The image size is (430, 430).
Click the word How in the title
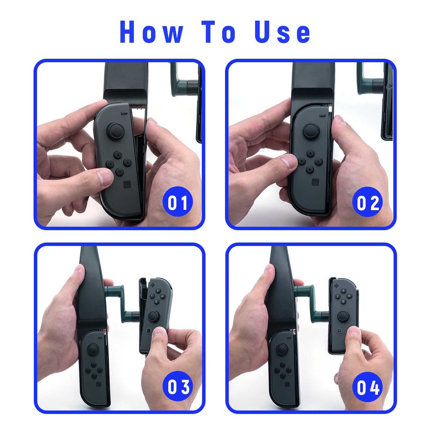[152, 32]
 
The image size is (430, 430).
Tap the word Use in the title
[282, 32]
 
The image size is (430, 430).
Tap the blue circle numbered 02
[368, 202]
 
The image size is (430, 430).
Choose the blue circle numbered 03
[178, 386]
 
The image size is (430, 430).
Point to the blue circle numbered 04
[368, 387]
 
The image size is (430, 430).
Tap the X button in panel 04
[343, 291]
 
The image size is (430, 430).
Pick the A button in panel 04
[349, 296]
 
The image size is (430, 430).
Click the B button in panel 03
[156, 302]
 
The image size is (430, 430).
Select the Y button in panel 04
[338, 296]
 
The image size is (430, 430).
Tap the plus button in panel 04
[336, 285]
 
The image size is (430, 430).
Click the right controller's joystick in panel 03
[154, 316]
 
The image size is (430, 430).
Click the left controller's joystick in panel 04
[282, 350]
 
